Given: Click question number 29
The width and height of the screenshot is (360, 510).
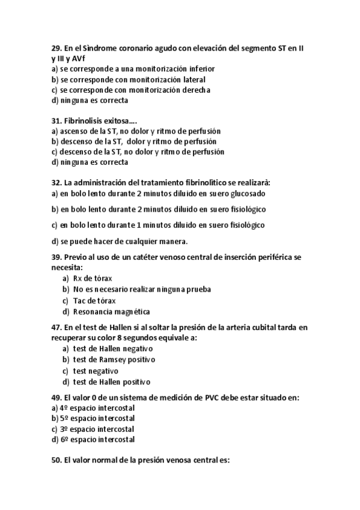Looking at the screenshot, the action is (x=57, y=47).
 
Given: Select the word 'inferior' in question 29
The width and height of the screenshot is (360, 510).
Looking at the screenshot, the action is (x=200, y=69).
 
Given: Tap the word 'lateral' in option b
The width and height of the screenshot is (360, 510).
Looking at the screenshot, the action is (x=192, y=79).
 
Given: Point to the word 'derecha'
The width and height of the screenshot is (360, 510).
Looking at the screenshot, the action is (x=195, y=90).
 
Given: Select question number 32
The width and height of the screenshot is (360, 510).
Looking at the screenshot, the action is (x=57, y=183).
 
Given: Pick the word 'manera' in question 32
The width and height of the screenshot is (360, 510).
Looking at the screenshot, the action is (x=172, y=242).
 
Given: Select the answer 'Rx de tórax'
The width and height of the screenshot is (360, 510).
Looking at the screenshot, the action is (x=93, y=278).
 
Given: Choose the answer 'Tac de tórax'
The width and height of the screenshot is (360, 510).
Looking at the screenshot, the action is (x=94, y=301).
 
